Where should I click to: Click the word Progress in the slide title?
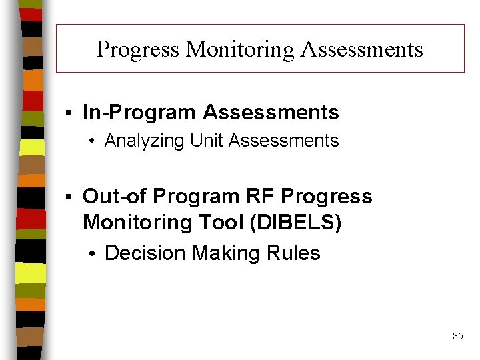coord(139,49)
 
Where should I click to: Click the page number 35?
coord(457,336)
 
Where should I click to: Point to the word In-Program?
coord(139,113)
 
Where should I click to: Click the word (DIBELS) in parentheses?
coord(297,222)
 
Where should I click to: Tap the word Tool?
coord(225,222)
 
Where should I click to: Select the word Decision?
coord(146,253)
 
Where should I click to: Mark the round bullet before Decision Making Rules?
coord(95,254)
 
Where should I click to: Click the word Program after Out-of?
coord(196,197)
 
